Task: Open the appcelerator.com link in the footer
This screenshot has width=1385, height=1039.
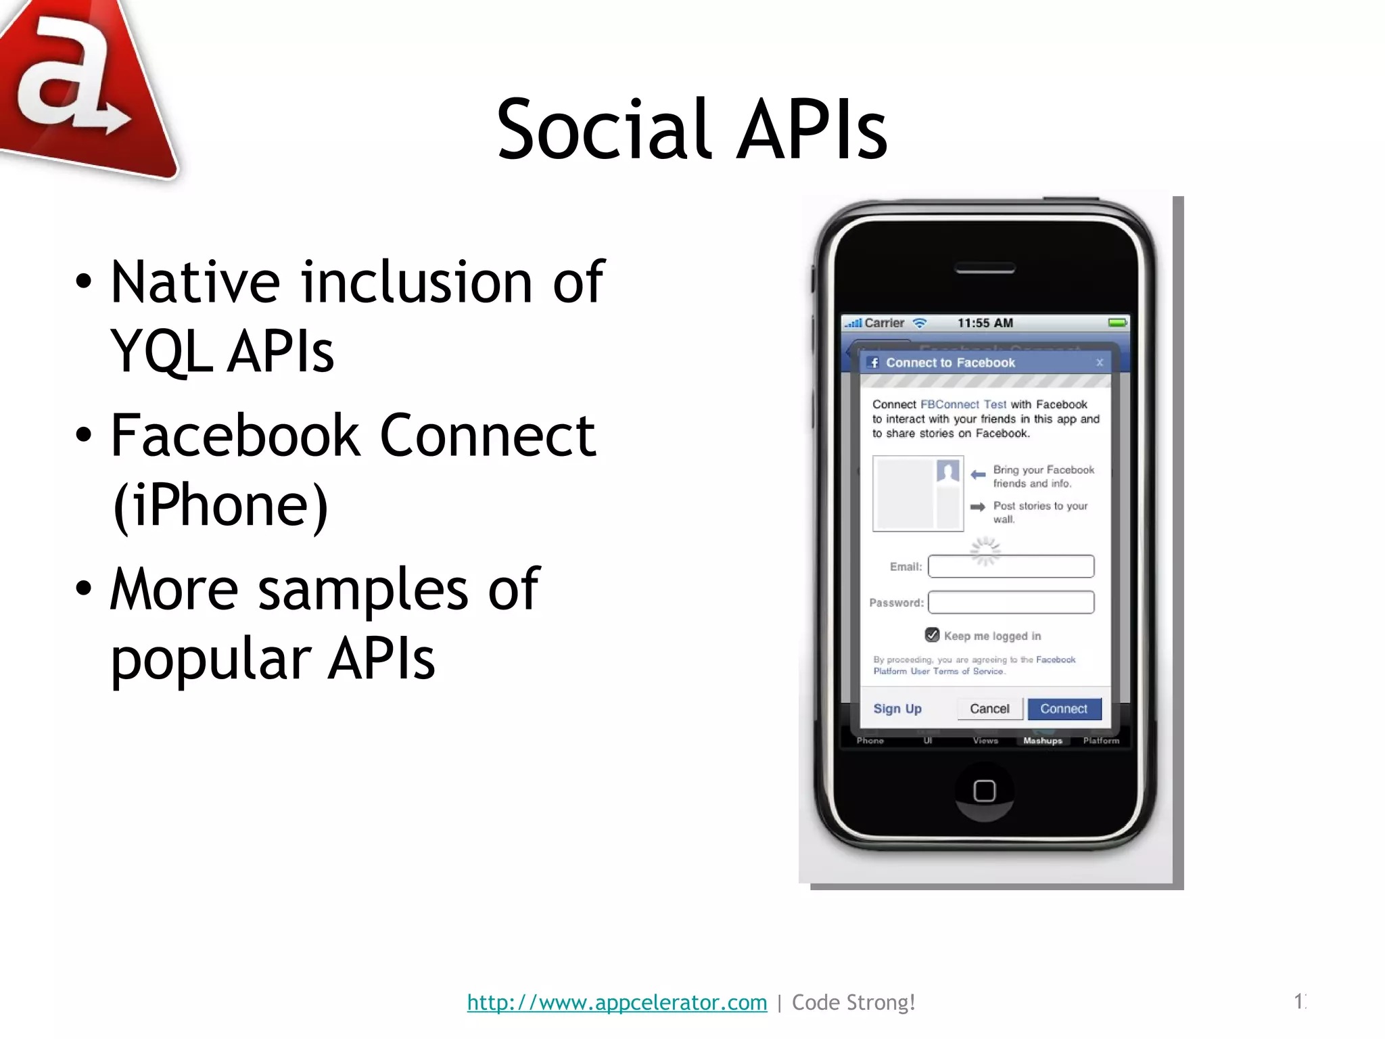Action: coord(617,1002)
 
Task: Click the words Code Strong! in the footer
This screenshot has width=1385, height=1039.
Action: coord(853,1002)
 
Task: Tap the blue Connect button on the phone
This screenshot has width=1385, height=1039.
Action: coord(1064,709)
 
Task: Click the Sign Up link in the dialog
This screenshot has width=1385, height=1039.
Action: coord(897,709)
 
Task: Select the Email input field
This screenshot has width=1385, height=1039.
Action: coord(1010,566)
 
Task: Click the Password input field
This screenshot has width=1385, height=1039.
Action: coord(1010,602)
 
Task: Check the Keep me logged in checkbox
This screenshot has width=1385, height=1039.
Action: coord(932,635)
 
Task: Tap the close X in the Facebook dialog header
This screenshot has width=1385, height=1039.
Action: coord(1100,363)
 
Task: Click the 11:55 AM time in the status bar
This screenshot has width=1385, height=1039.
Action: coord(985,323)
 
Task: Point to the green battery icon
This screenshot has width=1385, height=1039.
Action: coord(1117,323)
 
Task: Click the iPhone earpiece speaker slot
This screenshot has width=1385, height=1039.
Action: coord(985,269)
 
